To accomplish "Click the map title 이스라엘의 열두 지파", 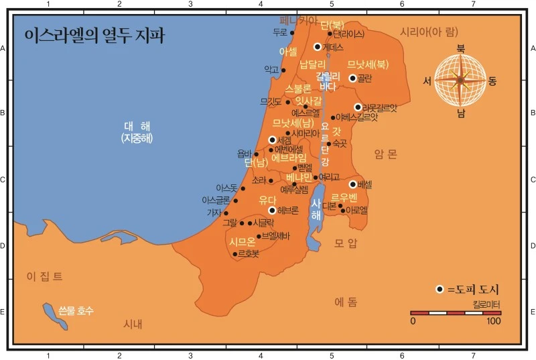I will point(94,36).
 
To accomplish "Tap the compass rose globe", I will point(460,80).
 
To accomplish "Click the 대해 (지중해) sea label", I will point(137,132).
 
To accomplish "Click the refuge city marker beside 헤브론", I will point(272,210).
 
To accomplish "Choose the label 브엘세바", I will point(275,236).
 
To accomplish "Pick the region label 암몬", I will point(386,154).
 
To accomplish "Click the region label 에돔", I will point(346,302).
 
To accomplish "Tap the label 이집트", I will point(44,276).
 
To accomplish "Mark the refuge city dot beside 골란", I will point(353,78).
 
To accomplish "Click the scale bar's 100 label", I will point(494,321).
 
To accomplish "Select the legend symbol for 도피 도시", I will point(440,289).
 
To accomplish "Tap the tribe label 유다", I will point(267,199).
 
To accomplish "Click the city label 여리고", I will point(330,178).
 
